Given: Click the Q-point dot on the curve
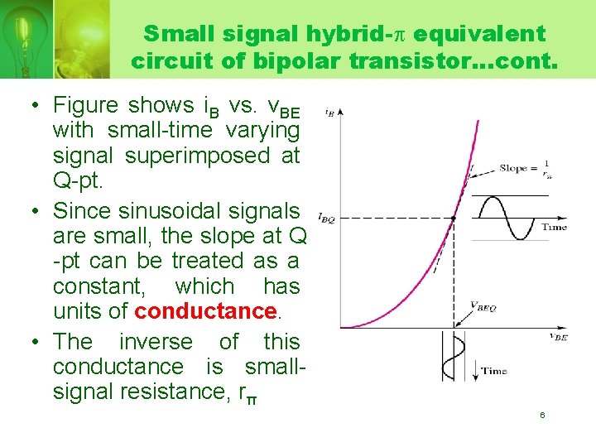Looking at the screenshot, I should click(x=453, y=218).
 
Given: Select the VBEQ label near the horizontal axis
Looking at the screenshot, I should click(x=483, y=306).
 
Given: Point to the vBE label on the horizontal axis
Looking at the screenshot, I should click(x=558, y=336).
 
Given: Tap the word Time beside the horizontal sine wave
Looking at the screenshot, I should click(x=554, y=226).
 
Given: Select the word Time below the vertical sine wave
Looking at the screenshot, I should click(x=494, y=371).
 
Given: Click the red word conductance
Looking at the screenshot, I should click(x=204, y=311).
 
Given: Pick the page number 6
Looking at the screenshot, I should click(x=542, y=415).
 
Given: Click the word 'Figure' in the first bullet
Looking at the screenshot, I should click(x=85, y=105).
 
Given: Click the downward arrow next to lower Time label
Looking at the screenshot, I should click(x=473, y=365).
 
